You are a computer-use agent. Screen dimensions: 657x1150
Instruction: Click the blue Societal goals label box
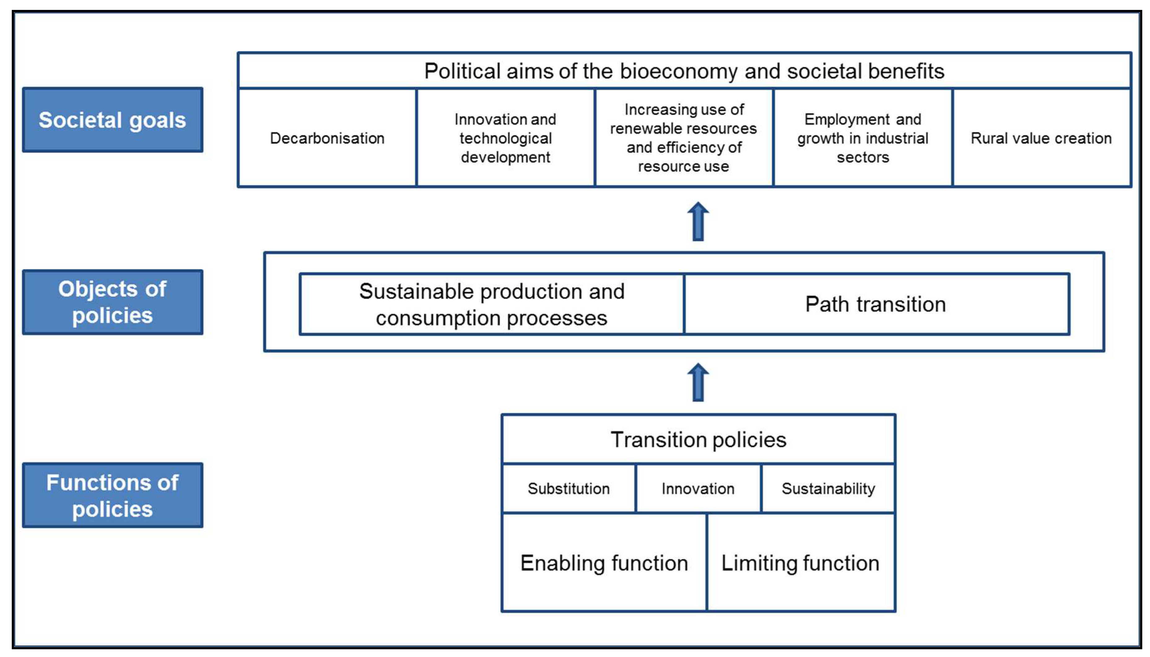112,120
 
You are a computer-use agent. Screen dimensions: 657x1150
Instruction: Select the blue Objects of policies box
112,302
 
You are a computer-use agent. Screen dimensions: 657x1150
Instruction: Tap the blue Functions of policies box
112,495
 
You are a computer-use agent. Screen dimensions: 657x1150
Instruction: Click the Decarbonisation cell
327,138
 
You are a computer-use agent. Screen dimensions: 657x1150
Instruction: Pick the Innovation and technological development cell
505,138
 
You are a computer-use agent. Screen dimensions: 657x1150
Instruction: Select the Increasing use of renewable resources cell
683,138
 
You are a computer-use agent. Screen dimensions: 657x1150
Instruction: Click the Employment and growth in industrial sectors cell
862,138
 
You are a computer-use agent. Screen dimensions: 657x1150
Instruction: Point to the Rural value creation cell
1041,138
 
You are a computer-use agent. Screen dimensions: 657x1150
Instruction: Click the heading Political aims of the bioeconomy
684,71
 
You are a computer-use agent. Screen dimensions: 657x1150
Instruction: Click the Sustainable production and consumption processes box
492,304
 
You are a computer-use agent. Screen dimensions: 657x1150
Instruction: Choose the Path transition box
875,304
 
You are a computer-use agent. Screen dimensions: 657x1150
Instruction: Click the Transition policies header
698,440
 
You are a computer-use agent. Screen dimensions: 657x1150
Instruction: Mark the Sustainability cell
828,489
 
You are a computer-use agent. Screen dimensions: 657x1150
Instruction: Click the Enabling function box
604,563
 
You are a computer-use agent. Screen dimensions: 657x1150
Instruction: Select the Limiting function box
800,563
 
